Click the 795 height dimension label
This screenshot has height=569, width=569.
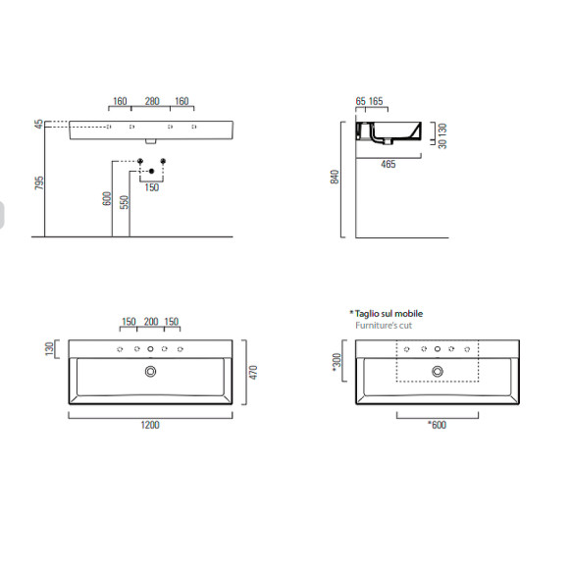coord(39,186)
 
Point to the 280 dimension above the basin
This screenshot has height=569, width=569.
coord(152,101)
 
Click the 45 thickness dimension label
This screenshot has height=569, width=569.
coord(39,125)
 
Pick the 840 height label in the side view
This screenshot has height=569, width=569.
coord(335,178)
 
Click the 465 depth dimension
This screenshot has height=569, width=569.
coord(388,165)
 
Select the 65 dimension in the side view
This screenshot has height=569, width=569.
coord(360,101)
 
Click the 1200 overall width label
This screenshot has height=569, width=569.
coord(150,424)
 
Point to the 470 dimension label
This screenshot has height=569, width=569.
coord(252,373)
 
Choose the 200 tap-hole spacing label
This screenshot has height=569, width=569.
coord(151,322)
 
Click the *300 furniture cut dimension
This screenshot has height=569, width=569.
coord(337,364)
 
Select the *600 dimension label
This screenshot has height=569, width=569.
coord(437,424)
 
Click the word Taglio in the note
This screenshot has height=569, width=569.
coord(369,313)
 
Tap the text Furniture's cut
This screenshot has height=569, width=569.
coord(386,324)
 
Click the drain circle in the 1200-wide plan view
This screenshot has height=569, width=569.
coord(151,371)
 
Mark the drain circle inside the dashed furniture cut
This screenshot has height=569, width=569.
coord(437,371)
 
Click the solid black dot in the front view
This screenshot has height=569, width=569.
coord(151,172)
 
